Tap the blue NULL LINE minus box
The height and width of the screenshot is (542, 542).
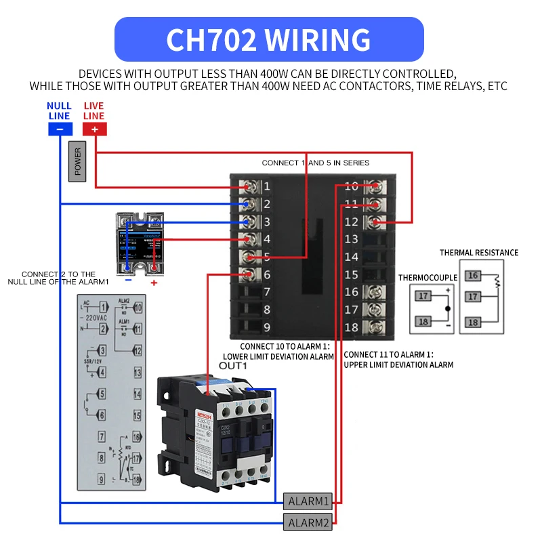click(60, 129)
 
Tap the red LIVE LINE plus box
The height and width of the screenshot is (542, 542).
click(94, 129)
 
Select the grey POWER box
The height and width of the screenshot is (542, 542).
click(77, 163)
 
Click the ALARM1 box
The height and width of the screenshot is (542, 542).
click(308, 501)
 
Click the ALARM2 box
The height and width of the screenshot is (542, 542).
click(308, 522)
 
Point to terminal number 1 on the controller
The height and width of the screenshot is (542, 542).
click(267, 186)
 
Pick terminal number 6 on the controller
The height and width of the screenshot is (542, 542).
click(267, 274)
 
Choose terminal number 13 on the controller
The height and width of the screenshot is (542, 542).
click(351, 239)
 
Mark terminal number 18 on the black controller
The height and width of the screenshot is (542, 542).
click(351, 327)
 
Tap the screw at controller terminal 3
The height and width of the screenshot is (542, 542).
click(251, 222)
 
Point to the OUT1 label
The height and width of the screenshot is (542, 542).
click(233, 366)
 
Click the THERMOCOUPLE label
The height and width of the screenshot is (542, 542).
click(428, 277)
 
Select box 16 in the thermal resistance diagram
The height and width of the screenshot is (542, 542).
click(474, 275)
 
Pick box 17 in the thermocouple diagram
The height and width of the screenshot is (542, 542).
click(422, 295)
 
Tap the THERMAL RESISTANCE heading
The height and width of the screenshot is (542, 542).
click(478, 253)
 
